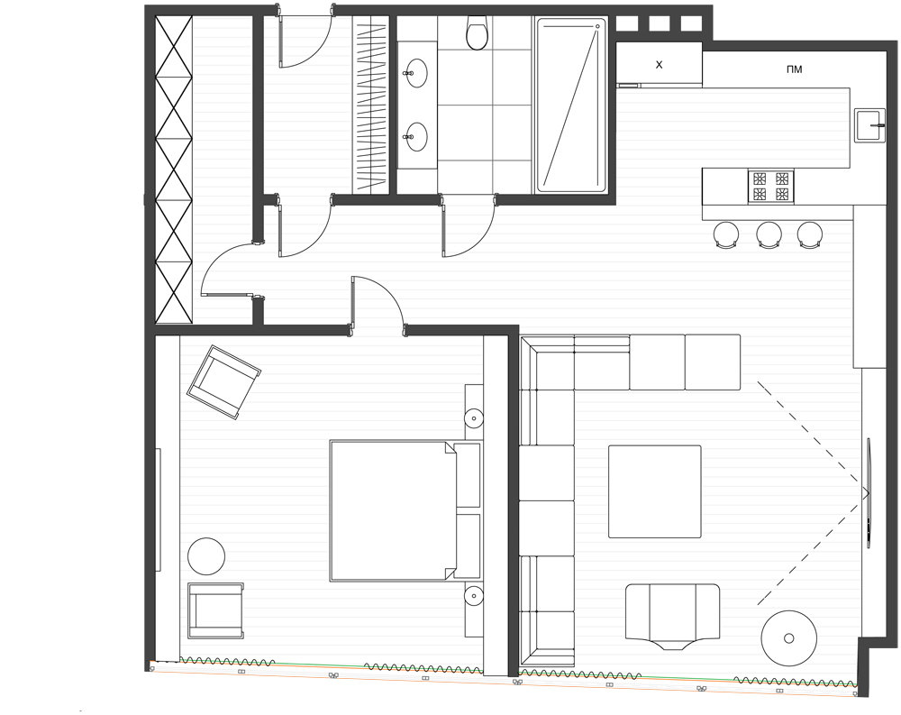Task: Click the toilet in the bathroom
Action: click(x=477, y=33)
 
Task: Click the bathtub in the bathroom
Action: click(x=571, y=105)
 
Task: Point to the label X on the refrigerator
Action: click(x=660, y=65)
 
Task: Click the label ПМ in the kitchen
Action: click(x=794, y=69)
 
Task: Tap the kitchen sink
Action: click(x=870, y=124)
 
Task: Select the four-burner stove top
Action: click(x=770, y=187)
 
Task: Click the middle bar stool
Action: click(x=769, y=235)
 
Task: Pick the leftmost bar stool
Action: click(x=726, y=235)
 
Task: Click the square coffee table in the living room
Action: click(x=655, y=491)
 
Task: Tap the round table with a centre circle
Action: click(x=789, y=638)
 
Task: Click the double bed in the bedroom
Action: click(x=405, y=511)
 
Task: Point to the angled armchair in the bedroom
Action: click(x=223, y=382)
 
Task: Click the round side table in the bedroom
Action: click(x=206, y=555)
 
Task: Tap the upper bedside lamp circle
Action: click(x=474, y=417)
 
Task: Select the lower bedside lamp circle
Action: click(x=474, y=595)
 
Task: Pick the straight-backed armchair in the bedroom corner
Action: click(x=215, y=610)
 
